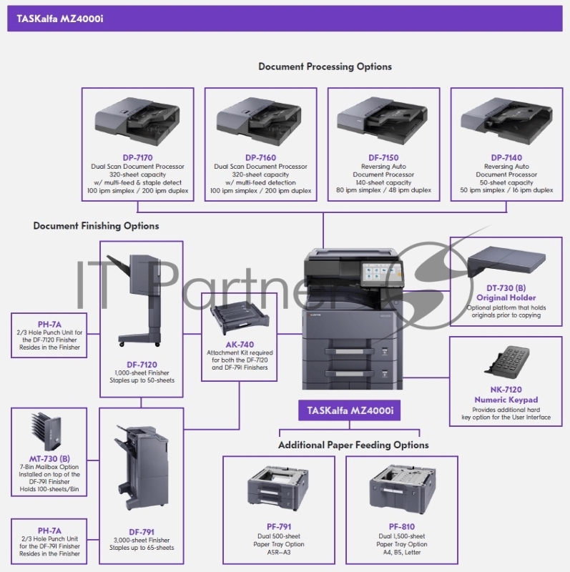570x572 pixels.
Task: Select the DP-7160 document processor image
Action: (x=260, y=120)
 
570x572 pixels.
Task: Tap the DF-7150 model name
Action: (x=383, y=157)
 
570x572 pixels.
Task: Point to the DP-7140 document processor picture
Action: (x=506, y=120)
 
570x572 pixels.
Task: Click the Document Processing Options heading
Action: (x=325, y=66)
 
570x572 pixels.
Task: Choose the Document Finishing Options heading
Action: (x=96, y=226)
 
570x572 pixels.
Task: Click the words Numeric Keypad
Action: (x=506, y=400)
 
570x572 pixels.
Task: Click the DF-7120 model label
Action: (x=142, y=363)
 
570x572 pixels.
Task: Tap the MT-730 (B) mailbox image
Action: (x=49, y=431)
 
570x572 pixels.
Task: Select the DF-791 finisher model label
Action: (x=142, y=531)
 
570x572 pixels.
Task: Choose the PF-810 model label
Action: (x=401, y=526)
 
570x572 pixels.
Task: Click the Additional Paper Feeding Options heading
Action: (x=353, y=445)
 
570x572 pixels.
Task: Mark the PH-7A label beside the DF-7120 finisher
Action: (x=49, y=323)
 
